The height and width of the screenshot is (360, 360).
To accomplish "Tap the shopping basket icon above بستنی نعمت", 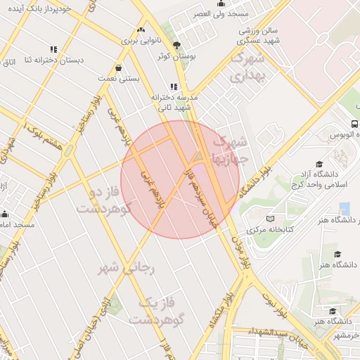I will point(117,68).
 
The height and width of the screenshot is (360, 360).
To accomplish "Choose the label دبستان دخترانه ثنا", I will point(64,60).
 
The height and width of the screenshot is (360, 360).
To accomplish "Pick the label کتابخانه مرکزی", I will point(271,229).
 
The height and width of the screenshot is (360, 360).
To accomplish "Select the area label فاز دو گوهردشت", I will point(103,201).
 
